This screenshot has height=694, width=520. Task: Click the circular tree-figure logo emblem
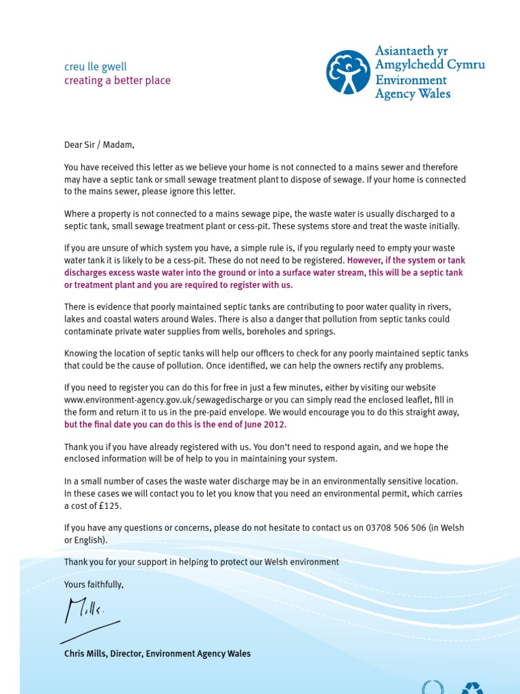pyautogui.click(x=348, y=72)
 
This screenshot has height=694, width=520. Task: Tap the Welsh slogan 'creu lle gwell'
pyautogui.click(x=95, y=66)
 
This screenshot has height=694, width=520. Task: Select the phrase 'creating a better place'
pyautogui.click(x=117, y=81)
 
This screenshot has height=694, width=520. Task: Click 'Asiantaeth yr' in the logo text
pyautogui.click(x=412, y=52)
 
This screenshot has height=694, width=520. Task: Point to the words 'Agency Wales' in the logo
pyautogui.click(x=412, y=94)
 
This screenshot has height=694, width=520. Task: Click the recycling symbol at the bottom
pyautogui.click(x=473, y=687)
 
